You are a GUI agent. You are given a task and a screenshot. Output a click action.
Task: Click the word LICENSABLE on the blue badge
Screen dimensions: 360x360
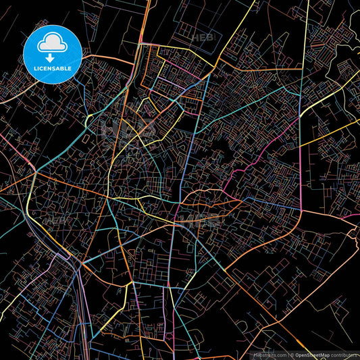click(53, 68)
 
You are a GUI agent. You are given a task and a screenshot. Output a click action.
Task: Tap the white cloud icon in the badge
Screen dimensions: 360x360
click(53, 44)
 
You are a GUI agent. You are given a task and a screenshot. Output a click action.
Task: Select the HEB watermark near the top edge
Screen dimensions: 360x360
click(201, 38)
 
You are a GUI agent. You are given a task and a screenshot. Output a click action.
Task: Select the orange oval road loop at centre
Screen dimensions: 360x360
click(209, 200)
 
